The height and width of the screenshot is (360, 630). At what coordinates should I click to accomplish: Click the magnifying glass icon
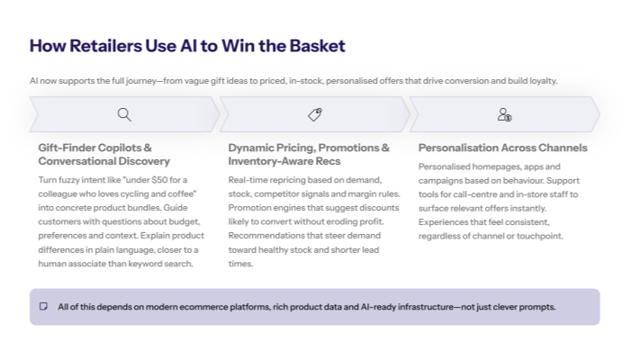(124, 114)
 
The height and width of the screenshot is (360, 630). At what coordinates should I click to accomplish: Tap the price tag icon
(314, 114)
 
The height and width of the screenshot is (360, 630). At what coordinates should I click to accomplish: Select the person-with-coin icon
(504, 114)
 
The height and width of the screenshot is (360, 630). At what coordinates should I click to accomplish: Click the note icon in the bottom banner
(43, 307)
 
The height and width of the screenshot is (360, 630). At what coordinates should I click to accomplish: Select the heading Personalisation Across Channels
(502, 148)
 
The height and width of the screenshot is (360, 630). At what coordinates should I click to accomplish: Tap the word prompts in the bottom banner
(538, 307)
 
